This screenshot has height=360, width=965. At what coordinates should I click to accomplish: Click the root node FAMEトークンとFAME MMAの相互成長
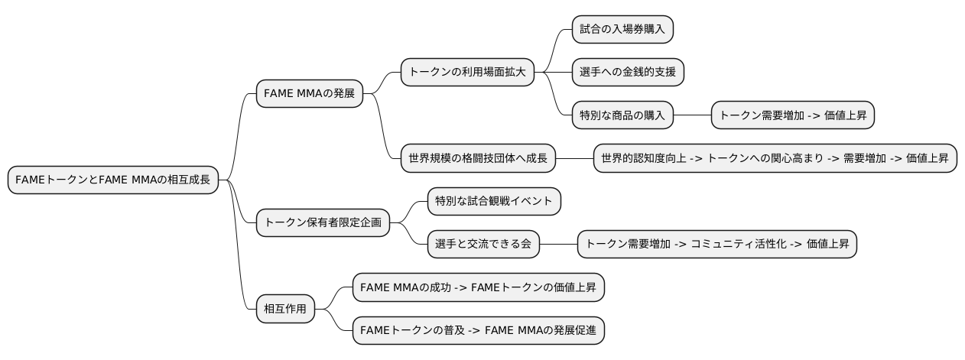(x=112, y=180)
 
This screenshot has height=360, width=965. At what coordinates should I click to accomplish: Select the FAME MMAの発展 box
(x=309, y=93)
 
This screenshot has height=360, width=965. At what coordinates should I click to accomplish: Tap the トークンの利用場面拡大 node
(x=466, y=72)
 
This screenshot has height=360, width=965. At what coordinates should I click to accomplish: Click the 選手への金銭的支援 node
(x=628, y=72)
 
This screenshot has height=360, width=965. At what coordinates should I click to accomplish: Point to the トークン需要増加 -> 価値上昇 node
(x=793, y=115)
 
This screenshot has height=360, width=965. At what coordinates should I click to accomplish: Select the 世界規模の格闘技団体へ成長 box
(x=478, y=159)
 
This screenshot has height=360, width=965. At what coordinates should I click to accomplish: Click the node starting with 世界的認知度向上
(x=775, y=159)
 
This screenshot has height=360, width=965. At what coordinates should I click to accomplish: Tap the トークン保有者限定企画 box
(x=322, y=222)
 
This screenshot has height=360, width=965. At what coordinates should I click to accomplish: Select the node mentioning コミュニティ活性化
(x=717, y=245)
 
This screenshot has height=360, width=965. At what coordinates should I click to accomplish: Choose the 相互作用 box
(x=284, y=310)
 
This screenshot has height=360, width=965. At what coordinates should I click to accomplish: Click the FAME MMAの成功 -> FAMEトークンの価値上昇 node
(x=479, y=288)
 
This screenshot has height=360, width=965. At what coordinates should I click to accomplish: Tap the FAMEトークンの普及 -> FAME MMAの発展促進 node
(x=479, y=332)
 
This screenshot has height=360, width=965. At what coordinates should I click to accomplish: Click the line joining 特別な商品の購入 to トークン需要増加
(x=693, y=115)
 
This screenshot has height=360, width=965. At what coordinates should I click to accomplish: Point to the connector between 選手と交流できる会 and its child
(x=558, y=245)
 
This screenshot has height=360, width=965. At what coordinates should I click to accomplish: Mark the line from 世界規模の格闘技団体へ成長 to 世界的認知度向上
(x=574, y=159)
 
